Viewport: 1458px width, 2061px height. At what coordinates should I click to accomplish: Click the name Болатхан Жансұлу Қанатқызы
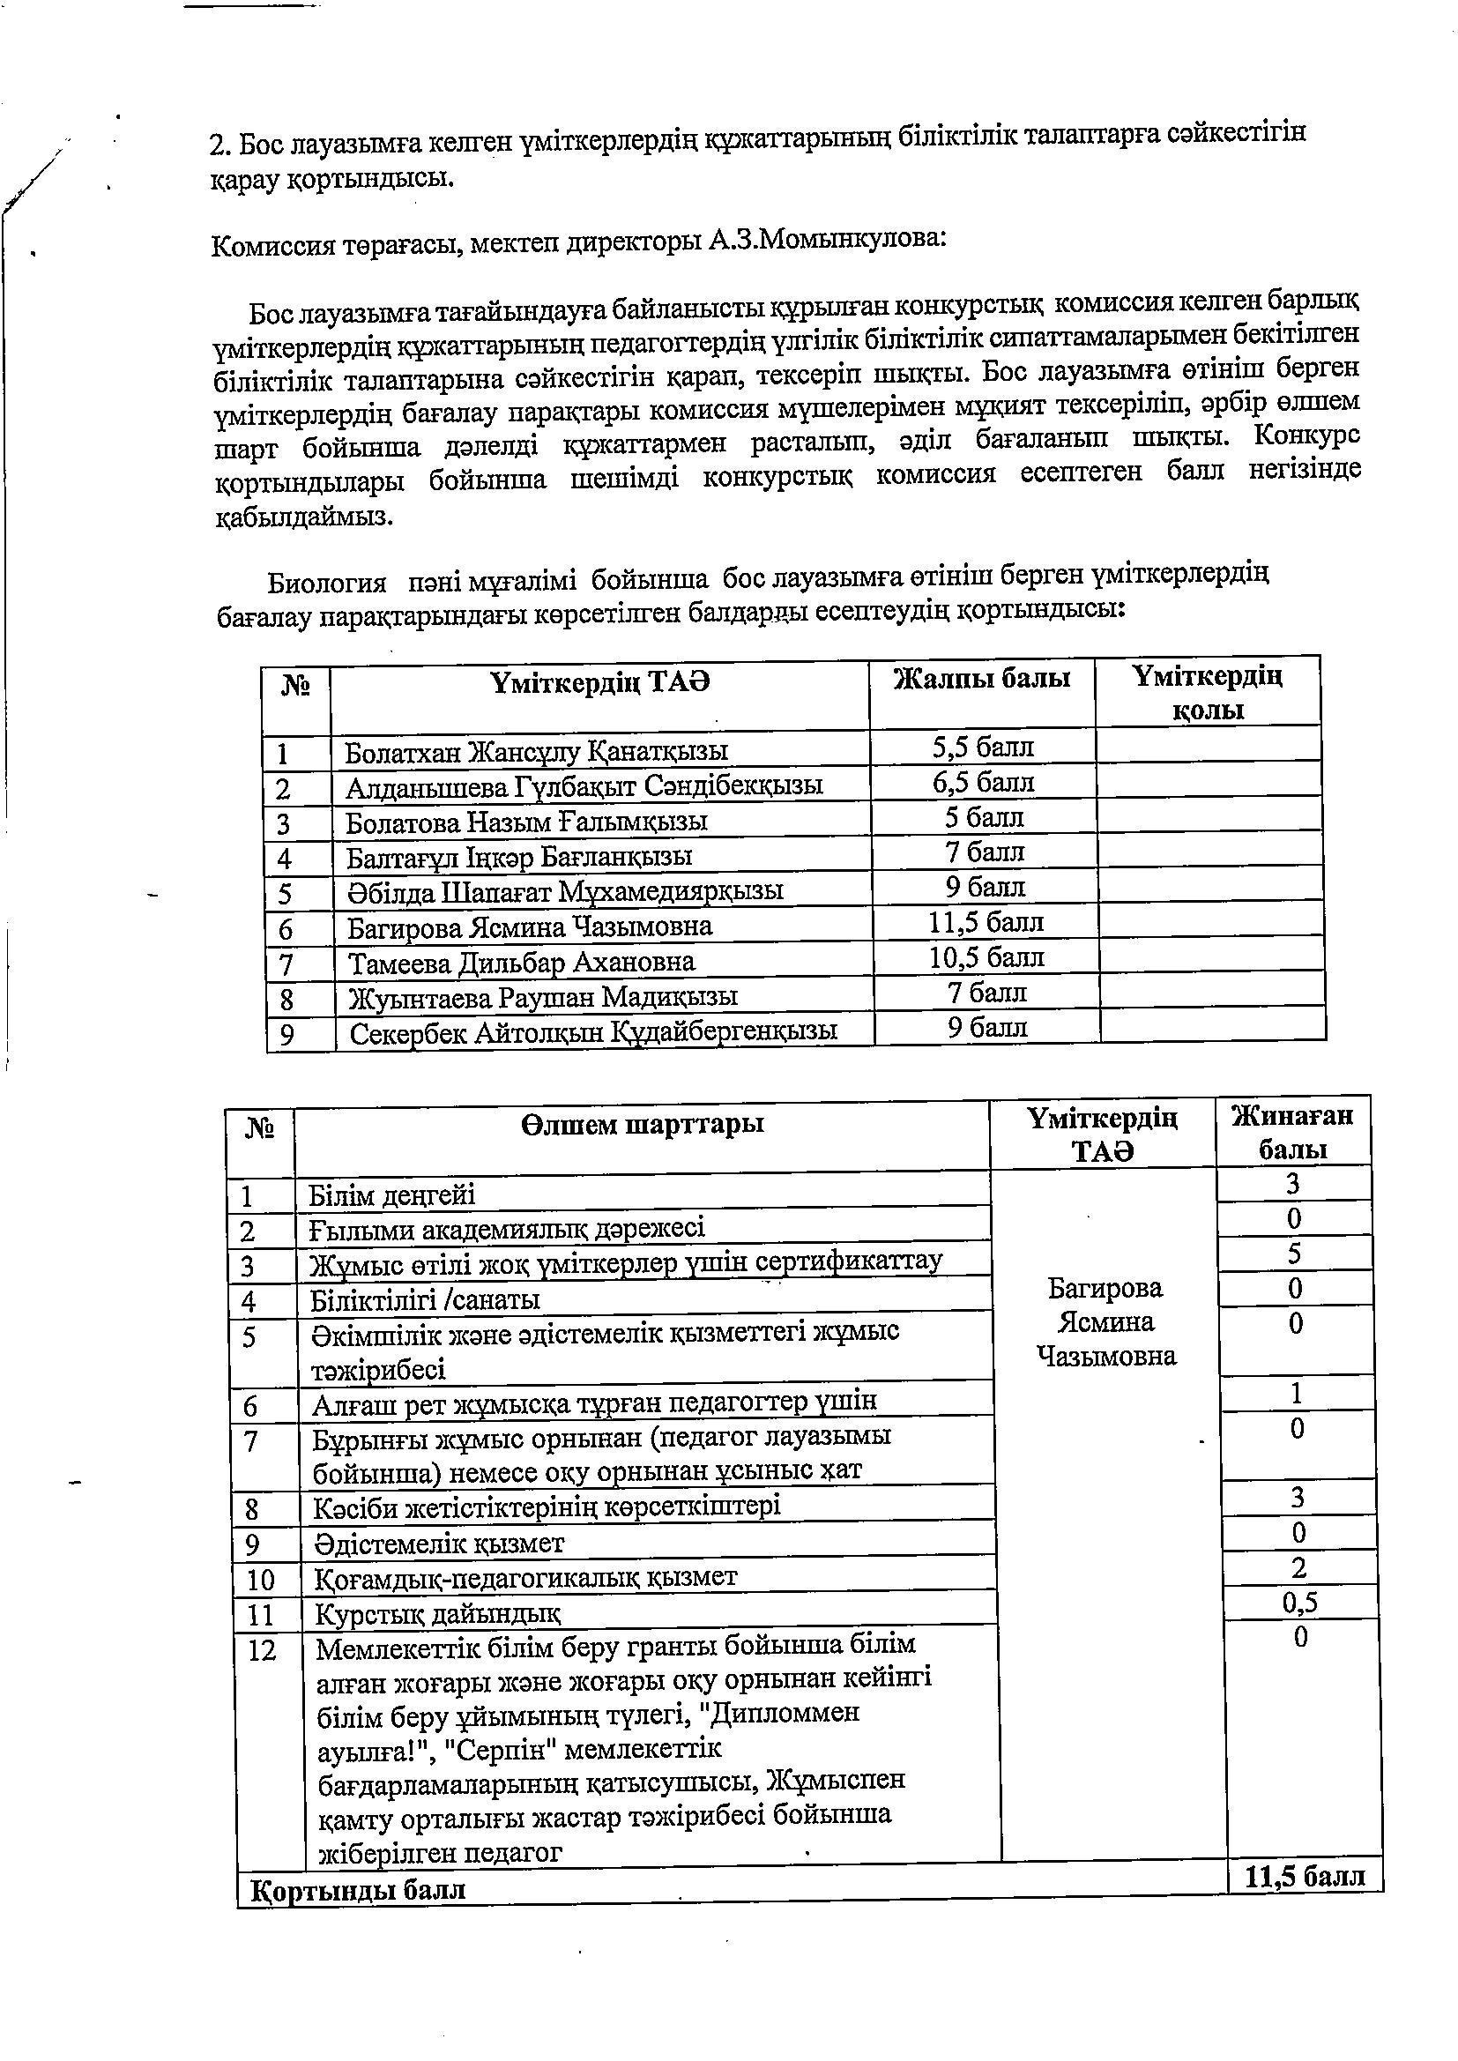(x=536, y=750)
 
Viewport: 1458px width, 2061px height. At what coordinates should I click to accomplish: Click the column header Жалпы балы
(x=982, y=679)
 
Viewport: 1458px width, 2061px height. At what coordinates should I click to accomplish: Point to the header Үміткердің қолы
(x=1208, y=693)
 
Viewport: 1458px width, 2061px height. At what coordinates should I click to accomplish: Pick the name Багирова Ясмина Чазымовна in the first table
(x=530, y=926)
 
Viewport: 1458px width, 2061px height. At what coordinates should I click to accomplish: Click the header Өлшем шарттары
(x=642, y=1124)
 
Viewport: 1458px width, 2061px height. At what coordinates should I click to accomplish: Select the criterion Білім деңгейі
(x=391, y=1195)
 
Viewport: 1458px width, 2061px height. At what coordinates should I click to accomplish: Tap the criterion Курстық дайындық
(x=437, y=1614)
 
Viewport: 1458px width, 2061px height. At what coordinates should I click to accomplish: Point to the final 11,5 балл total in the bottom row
(x=1305, y=1877)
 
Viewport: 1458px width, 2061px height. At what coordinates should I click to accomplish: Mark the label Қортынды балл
(x=358, y=1891)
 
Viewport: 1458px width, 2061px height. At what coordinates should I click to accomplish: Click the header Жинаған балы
(x=1292, y=1132)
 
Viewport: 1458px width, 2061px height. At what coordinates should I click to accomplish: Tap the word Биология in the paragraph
(x=328, y=584)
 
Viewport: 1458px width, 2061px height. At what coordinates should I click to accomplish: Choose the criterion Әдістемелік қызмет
(x=438, y=1543)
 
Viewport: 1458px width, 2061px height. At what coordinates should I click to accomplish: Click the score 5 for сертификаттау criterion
(x=1294, y=1254)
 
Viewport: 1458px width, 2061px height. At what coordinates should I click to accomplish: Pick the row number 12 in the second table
(x=261, y=1651)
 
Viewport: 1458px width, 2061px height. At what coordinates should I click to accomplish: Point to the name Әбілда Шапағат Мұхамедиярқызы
(x=565, y=891)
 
